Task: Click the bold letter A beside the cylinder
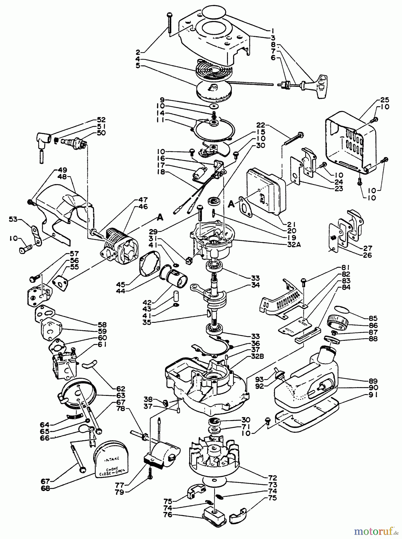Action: coord(160,218)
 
